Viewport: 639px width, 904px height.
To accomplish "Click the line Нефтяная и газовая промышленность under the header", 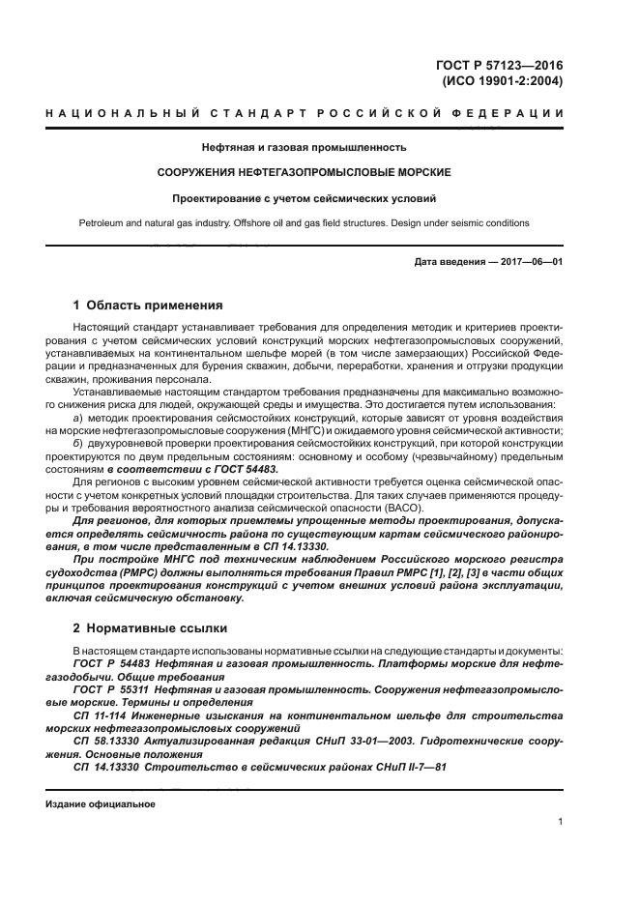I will (303, 148).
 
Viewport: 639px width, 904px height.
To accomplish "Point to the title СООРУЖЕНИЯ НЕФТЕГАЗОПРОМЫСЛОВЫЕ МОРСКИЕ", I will (303, 173).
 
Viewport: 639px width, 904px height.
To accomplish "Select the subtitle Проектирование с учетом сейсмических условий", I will (303, 199).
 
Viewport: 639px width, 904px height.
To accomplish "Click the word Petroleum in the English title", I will (102, 223).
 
